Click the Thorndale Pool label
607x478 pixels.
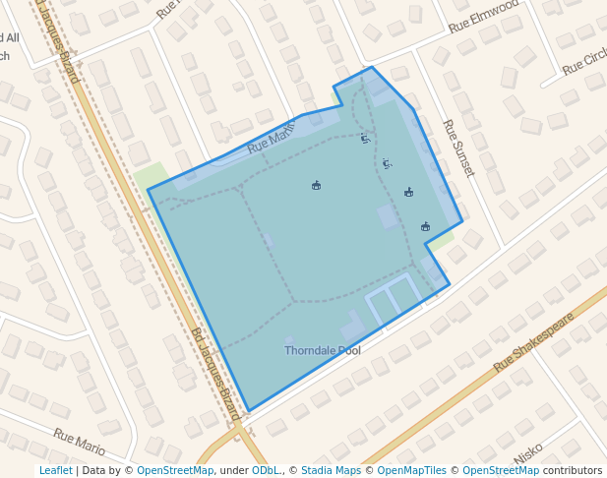(323, 350)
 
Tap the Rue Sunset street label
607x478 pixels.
(458, 149)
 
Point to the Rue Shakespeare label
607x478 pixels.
(533, 342)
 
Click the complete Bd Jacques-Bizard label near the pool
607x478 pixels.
(215, 375)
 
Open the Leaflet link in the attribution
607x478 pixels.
(55, 470)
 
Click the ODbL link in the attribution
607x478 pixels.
(266, 470)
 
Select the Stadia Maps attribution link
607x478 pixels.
(331, 470)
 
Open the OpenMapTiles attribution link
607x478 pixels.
(407, 470)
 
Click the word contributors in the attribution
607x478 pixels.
(573, 470)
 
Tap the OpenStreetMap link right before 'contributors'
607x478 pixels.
(501, 470)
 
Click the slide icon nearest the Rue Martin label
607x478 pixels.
(365, 139)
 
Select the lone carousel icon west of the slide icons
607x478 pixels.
(316, 185)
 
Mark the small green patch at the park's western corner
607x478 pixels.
(151, 177)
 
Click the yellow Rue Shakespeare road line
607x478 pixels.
(472, 383)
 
